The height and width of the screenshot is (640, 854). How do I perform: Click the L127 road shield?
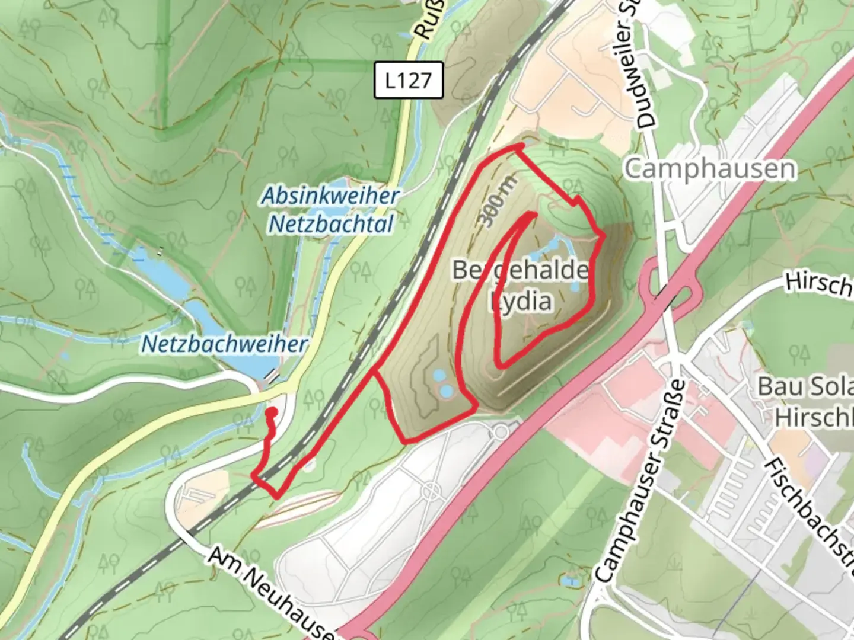[409, 80]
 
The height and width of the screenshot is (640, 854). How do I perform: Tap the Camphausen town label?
[710, 169]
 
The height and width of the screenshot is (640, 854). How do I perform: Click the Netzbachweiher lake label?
[225, 344]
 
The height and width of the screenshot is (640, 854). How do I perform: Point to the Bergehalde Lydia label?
[521, 285]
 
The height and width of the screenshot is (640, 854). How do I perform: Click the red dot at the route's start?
[272, 411]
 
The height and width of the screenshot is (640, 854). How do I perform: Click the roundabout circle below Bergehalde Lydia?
[501, 431]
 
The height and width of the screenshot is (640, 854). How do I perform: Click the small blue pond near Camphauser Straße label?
[571, 581]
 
